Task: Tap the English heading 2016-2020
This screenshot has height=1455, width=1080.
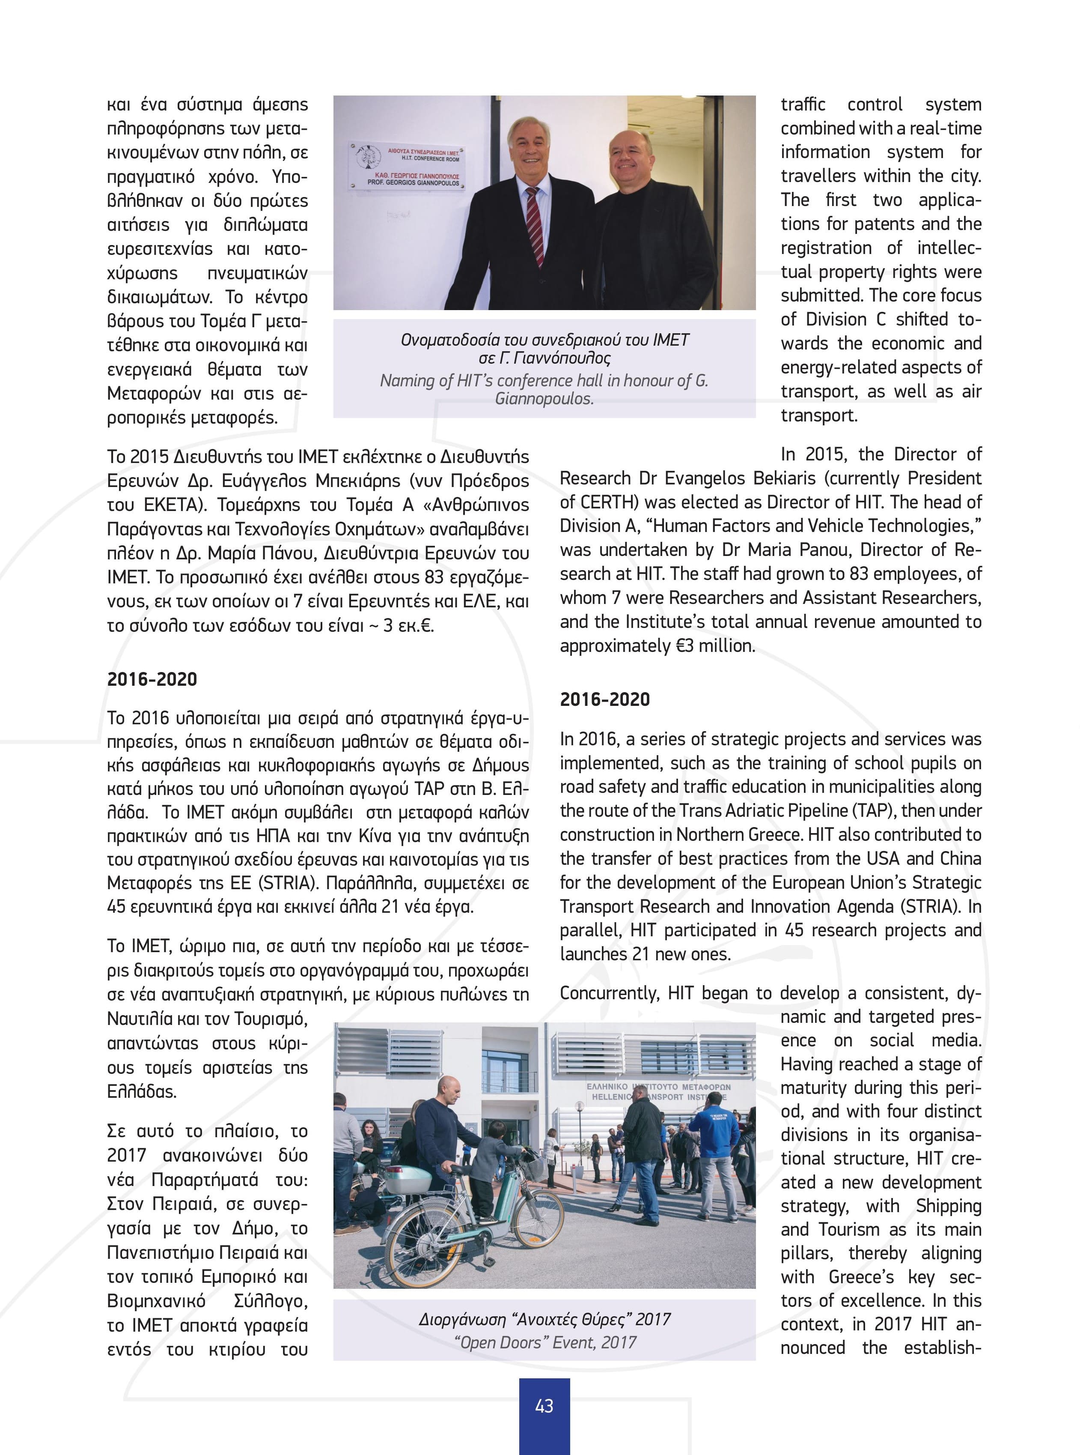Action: (605, 699)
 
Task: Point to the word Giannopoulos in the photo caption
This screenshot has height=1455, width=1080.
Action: (544, 398)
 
